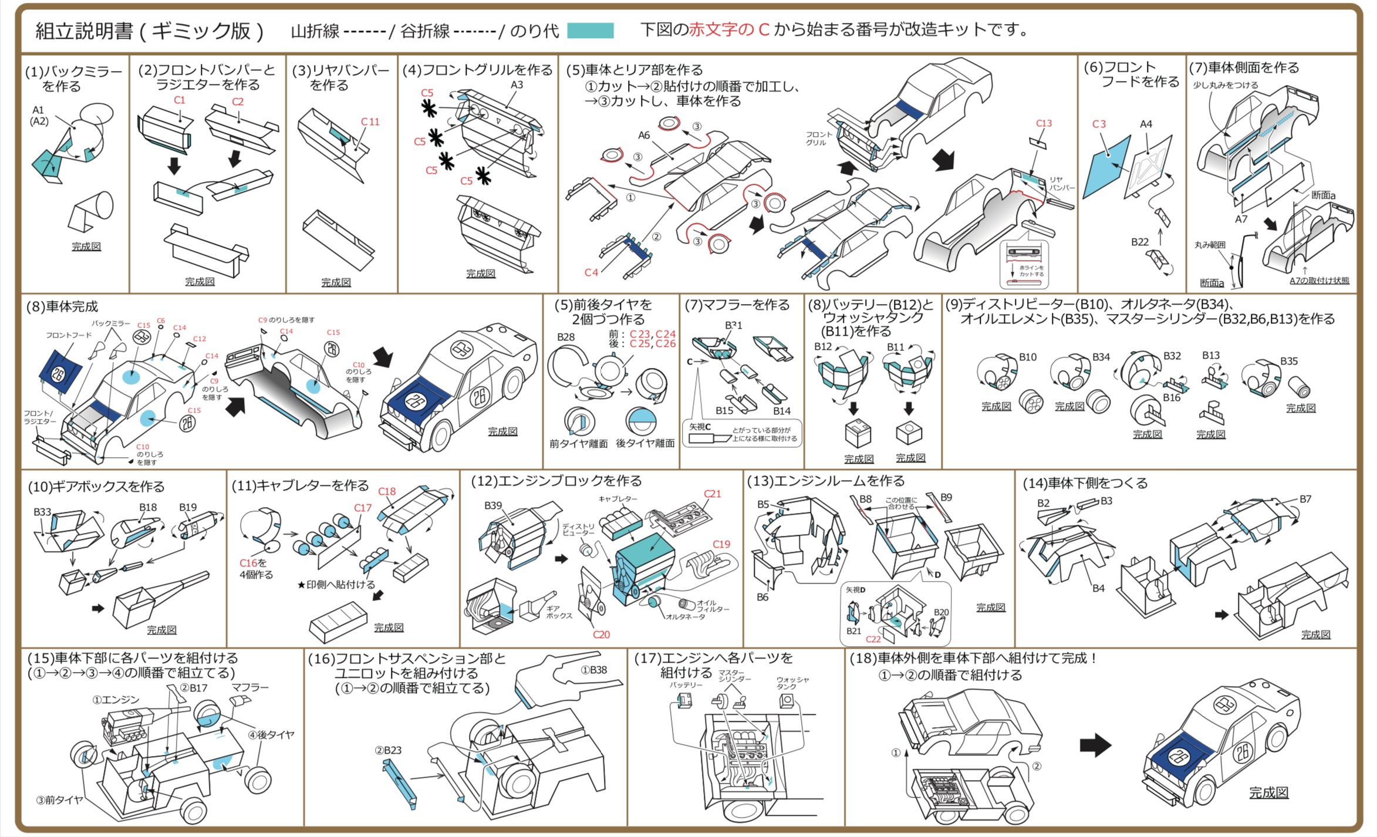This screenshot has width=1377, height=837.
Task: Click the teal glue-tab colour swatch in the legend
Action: click(x=590, y=31)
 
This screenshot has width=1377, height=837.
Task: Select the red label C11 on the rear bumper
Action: click(x=370, y=122)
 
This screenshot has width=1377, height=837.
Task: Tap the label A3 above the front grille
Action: click(x=517, y=85)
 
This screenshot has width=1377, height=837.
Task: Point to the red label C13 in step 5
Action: click(x=1044, y=123)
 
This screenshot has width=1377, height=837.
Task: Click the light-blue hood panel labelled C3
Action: click(x=1107, y=167)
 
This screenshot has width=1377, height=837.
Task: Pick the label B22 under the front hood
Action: click(x=1140, y=242)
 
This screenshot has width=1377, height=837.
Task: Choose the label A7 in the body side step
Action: click(x=1241, y=220)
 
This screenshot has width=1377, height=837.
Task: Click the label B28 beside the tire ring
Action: click(x=566, y=337)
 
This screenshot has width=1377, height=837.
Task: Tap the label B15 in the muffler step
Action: click(x=724, y=411)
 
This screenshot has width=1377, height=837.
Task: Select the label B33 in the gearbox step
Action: click(x=42, y=512)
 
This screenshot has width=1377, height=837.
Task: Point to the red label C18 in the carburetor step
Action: click(x=387, y=492)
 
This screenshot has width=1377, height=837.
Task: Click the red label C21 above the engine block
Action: click(x=712, y=494)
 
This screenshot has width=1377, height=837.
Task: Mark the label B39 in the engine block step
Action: click(x=493, y=505)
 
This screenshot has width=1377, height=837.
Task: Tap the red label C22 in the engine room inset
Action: click(x=873, y=639)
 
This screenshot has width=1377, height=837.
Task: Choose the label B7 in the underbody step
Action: click(x=1305, y=499)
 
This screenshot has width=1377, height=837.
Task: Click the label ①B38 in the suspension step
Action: click(x=594, y=670)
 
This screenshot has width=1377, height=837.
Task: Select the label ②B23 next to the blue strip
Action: click(x=388, y=750)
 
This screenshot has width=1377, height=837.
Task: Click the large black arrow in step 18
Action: click(x=1095, y=745)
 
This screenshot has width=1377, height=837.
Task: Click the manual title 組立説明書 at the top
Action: click(x=85, y=31)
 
